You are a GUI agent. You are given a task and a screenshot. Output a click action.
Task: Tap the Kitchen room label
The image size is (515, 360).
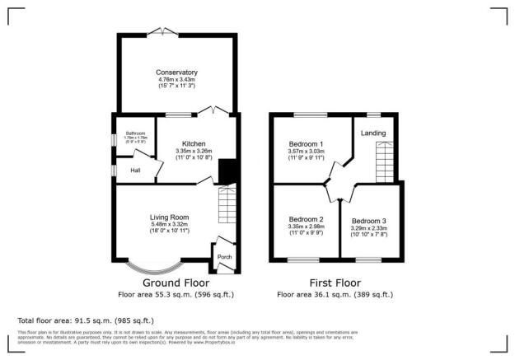194,143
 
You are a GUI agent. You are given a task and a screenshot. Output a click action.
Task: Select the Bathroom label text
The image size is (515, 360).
135,133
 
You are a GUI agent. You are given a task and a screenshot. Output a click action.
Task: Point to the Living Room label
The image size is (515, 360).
159,216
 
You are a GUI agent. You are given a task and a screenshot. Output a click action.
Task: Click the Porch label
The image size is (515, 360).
223,256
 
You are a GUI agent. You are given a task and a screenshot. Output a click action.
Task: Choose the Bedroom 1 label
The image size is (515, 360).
306,143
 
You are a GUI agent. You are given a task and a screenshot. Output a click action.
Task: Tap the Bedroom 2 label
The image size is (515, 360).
304,219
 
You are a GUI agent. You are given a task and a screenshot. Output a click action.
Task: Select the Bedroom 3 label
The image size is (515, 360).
368,221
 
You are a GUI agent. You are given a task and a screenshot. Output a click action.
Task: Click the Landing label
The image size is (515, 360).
373,133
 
